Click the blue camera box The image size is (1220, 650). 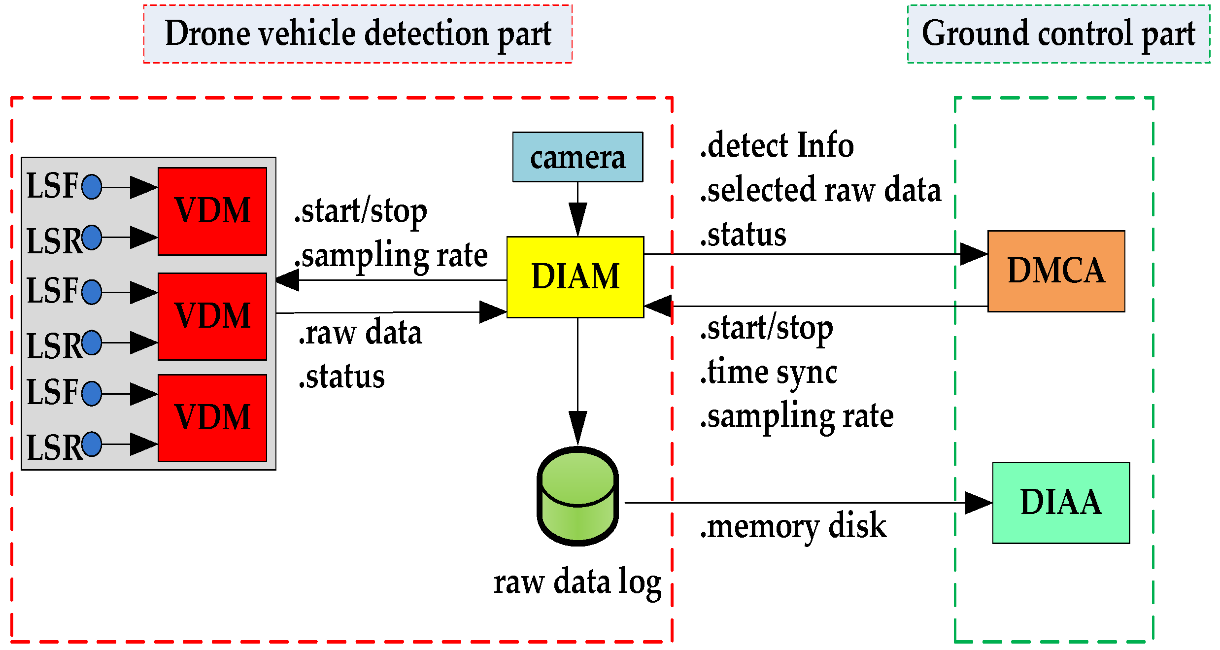point(577,157)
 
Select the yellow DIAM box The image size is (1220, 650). point(575,277)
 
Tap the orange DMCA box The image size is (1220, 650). point(1056,271)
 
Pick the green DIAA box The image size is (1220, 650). point(1061,503)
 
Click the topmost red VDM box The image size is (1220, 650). point(212,211)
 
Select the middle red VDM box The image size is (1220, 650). point(212,316)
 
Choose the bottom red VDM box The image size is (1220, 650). point(212,418)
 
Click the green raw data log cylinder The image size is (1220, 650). point(577,497)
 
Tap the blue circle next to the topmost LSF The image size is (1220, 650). point(92,187)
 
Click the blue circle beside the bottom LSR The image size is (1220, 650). point(92,444)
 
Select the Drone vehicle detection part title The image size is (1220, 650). point(358,34)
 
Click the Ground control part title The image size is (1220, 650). point(1058,34)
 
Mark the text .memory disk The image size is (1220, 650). point(793,526)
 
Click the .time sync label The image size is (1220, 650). point(768,373)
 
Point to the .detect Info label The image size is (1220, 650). point(777,146)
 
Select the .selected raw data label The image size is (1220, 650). point(820,190)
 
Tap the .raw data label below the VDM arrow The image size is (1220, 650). point(360,333)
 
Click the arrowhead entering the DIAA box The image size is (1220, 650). point(978,503)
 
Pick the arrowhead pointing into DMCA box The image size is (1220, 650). point(974,254)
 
